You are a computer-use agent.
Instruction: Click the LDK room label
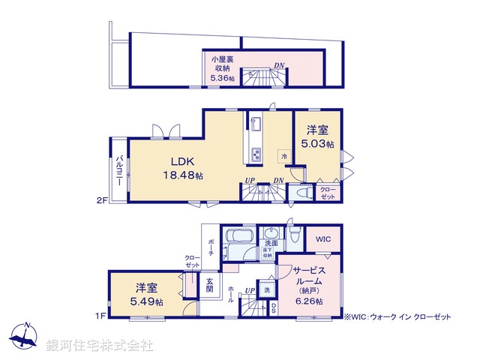pos(182,162)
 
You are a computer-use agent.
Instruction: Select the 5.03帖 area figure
pos(318,143)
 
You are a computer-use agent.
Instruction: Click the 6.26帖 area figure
pos(308,301)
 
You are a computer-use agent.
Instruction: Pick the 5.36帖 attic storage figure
pos(222,77)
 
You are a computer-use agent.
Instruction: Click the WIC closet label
pos(322,239)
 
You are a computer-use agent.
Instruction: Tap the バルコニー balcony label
pos(120,170)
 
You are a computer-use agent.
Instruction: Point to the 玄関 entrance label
pos(211,284)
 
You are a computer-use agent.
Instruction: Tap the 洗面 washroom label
pos(271,243)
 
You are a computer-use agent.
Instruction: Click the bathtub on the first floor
pos(239,244)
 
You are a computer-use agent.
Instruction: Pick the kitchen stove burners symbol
pos(255,154)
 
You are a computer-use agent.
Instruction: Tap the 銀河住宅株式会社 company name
pos(100,345)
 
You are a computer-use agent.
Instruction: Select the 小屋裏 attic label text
pos(222,58)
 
